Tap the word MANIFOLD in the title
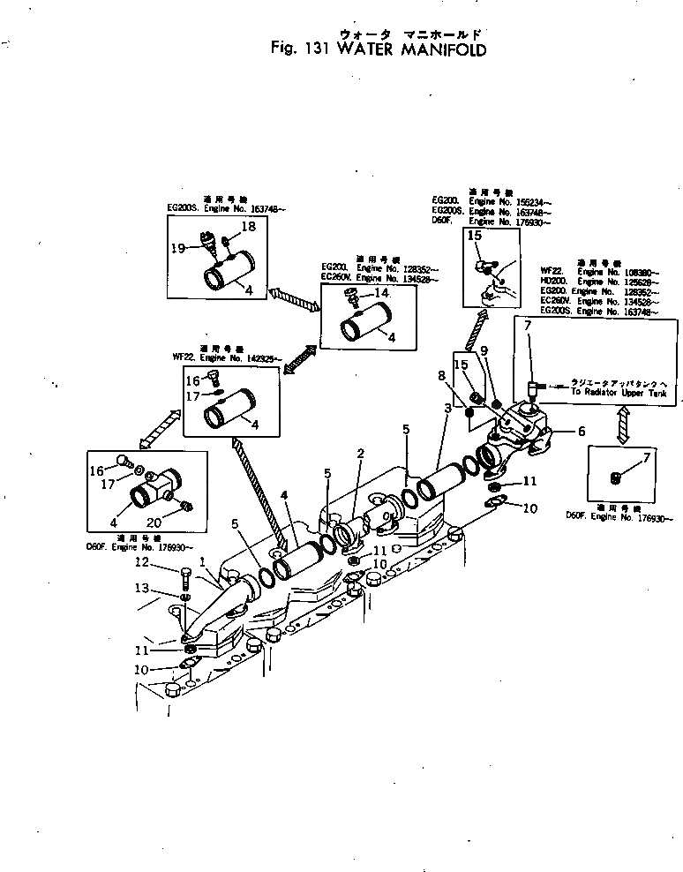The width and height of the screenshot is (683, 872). [444, 49]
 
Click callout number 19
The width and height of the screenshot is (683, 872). [177, 248]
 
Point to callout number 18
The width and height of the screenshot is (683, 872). [248, 228]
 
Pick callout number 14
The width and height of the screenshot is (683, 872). [381, 292]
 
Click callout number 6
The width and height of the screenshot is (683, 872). [581, 432]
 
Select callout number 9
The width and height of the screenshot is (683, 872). [484, 353]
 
